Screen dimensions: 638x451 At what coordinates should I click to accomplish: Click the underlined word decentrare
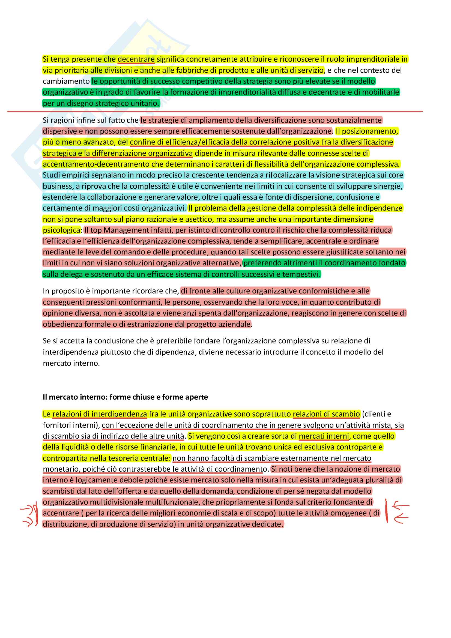(136, 59)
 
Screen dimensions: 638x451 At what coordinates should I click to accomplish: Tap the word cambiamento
(66, 81)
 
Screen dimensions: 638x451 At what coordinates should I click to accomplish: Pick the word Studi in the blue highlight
(51, 175)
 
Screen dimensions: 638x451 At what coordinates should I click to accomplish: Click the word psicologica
(61, 230)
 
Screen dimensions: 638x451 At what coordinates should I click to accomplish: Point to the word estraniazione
(152, 324)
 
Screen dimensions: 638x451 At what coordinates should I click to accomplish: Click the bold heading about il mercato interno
(125, 397)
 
